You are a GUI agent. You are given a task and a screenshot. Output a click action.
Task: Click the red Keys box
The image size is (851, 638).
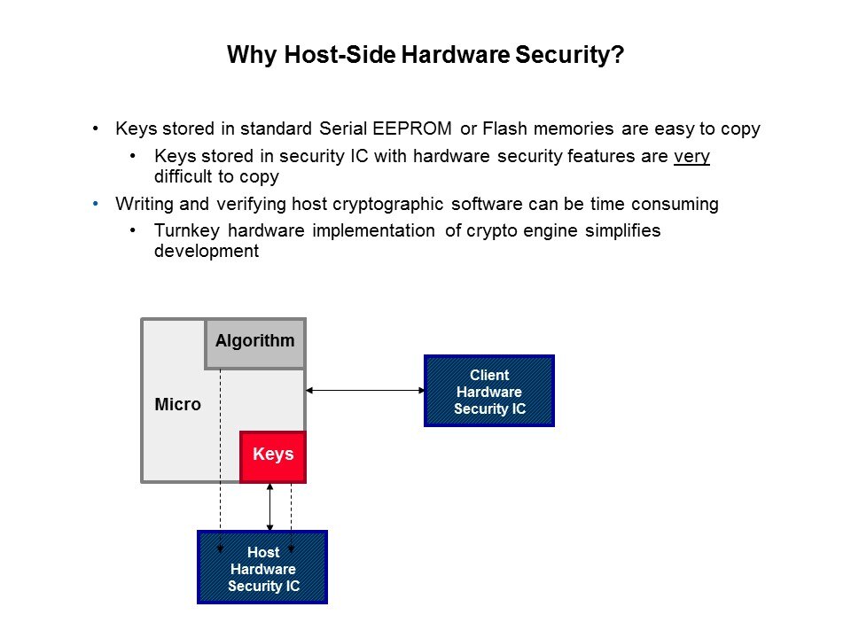coord(273,457)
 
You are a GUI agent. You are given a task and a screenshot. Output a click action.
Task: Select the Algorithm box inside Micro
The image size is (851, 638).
coord(255,344)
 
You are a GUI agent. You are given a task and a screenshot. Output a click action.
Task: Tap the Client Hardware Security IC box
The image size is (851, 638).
coord(489,391)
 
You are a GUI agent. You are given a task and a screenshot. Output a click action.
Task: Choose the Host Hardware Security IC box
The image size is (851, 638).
coord(262,567)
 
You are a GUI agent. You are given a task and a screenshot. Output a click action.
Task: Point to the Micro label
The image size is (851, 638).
coord(177,404)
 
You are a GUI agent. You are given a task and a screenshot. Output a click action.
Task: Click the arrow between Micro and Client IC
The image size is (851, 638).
coord(365,390)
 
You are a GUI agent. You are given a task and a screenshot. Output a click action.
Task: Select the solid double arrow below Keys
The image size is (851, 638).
coord(269,507)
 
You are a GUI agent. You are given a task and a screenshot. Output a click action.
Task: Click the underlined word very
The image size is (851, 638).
coord(691,157)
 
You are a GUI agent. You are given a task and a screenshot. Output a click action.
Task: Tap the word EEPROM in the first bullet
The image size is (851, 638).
coord(412,128)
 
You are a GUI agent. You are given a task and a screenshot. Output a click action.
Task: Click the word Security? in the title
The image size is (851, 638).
coord(569,55)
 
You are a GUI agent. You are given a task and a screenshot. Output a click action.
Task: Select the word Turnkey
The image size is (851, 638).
coord(187,231)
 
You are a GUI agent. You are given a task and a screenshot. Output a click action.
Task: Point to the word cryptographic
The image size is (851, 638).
coord(388,205)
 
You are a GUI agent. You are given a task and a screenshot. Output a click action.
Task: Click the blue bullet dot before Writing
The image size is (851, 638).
coord(96,204)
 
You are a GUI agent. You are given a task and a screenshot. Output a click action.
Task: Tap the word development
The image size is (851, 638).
coord(207,251)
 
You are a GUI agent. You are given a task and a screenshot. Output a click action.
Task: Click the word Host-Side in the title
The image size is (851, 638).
coord(340,55)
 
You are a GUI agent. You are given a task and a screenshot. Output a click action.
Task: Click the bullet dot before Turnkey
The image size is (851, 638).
coord(133,230)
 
